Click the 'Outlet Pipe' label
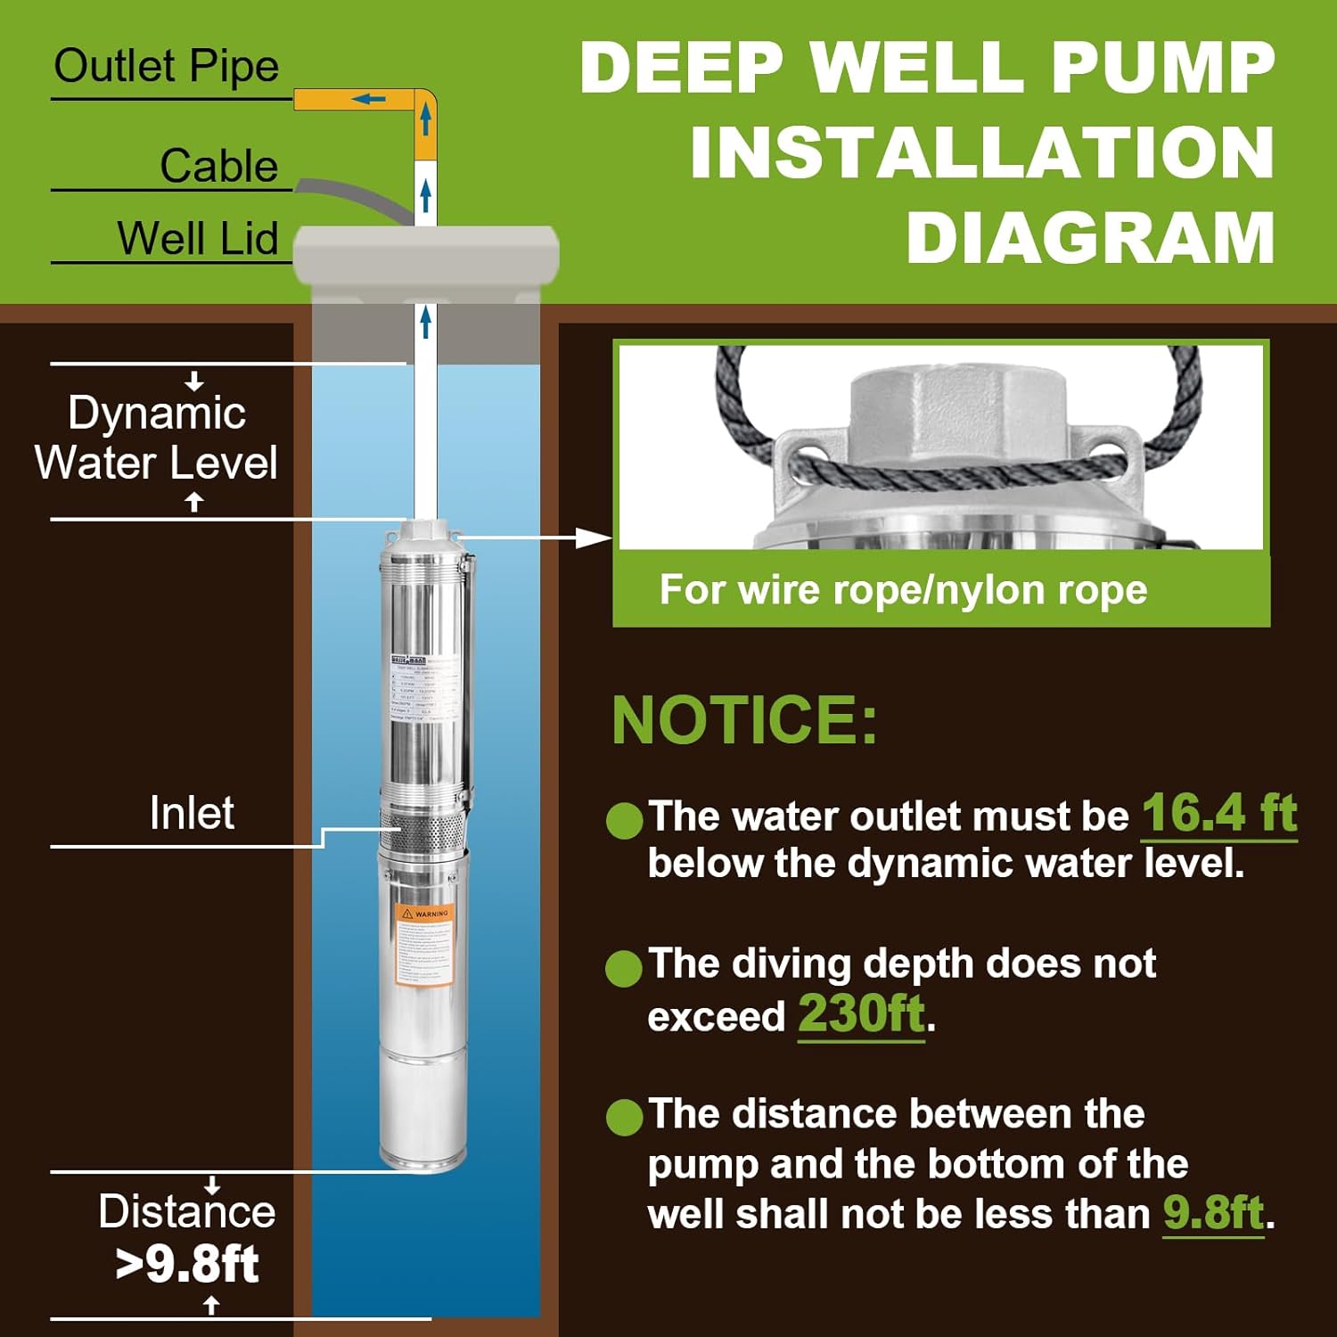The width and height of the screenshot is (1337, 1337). point(166,67)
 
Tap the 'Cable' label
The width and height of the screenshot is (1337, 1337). point(218,166)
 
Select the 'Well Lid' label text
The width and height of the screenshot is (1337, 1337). point(197,239)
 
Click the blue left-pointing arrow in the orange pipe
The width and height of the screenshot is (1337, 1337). point(367,99)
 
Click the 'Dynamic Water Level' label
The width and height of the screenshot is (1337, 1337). point(157,438)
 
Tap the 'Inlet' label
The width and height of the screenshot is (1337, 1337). point(192,813)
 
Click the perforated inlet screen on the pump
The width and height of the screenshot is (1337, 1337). point(422,831)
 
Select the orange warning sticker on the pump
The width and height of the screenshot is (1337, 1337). point(424,945)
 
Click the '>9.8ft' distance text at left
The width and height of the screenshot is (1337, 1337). point(187,1264)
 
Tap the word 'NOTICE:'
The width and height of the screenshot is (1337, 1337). point(745,720)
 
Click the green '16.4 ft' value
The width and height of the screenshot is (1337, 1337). point(1218,813)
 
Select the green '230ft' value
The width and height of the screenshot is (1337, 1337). point(861,1013)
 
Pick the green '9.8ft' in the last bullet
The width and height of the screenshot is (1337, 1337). point(1213,1212)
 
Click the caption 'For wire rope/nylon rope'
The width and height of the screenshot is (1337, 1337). point(903,590)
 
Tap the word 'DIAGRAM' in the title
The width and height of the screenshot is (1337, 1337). point(1090,239)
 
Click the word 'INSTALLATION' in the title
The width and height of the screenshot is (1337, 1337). point(981,153)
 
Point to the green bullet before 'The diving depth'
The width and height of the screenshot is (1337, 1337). point(624,968)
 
